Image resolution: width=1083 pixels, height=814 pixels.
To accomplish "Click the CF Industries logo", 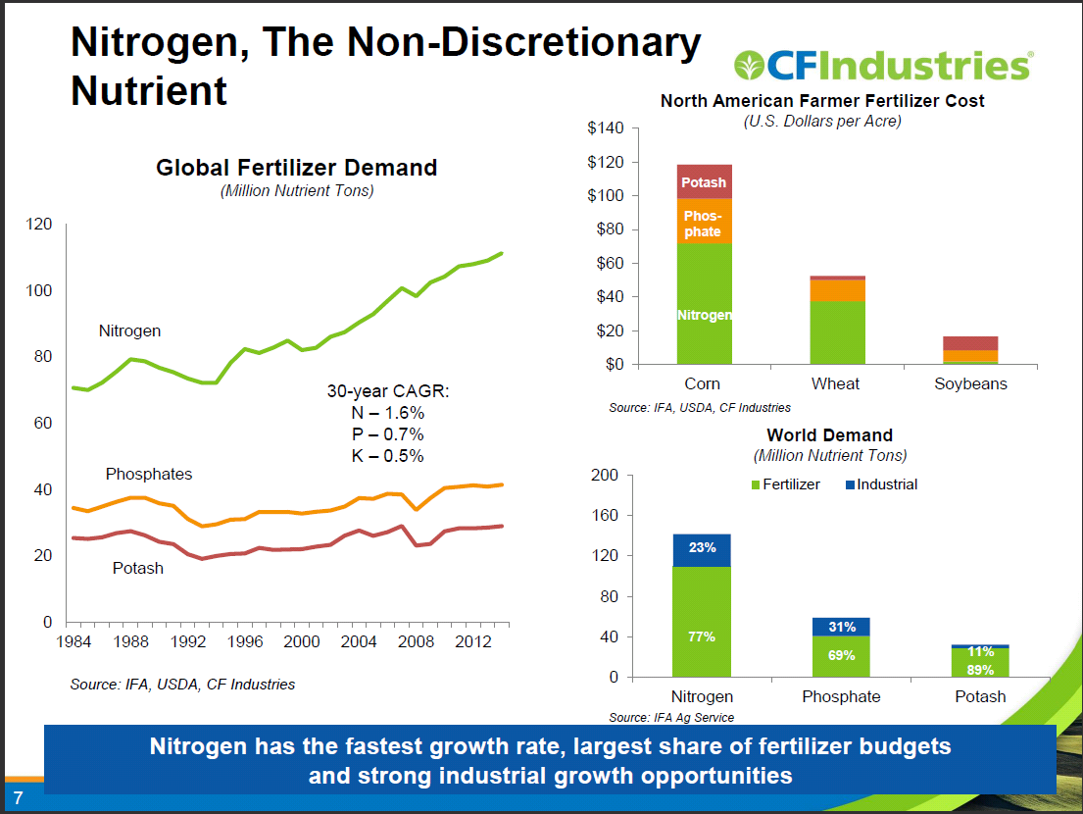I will click(882, 66).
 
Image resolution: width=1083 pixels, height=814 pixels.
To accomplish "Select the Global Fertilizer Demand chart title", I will click(296, 168).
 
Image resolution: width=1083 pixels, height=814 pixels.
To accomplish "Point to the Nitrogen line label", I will click(129, 331).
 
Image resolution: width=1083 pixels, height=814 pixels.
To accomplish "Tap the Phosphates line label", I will click(149, 474).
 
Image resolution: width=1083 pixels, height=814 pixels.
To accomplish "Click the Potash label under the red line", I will click(138, 568).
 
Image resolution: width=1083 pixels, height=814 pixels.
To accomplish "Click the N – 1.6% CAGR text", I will click(387, 413).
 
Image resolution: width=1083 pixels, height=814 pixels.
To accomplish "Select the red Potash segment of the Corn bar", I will click(704, 181).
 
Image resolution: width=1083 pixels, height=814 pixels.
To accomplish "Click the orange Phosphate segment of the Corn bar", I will click(704, 223).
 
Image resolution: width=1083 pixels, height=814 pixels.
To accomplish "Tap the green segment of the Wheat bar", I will click(837, 331).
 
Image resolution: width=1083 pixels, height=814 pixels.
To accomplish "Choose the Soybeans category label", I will click(970, 383).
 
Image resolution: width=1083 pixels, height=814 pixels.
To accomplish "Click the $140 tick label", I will click(605, 128).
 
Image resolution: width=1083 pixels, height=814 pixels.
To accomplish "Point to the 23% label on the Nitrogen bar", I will click(702, 548).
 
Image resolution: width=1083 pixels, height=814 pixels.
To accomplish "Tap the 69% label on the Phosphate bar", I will click(841, 655).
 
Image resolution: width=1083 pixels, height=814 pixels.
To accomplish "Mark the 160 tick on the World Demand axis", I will click(605, 516).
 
